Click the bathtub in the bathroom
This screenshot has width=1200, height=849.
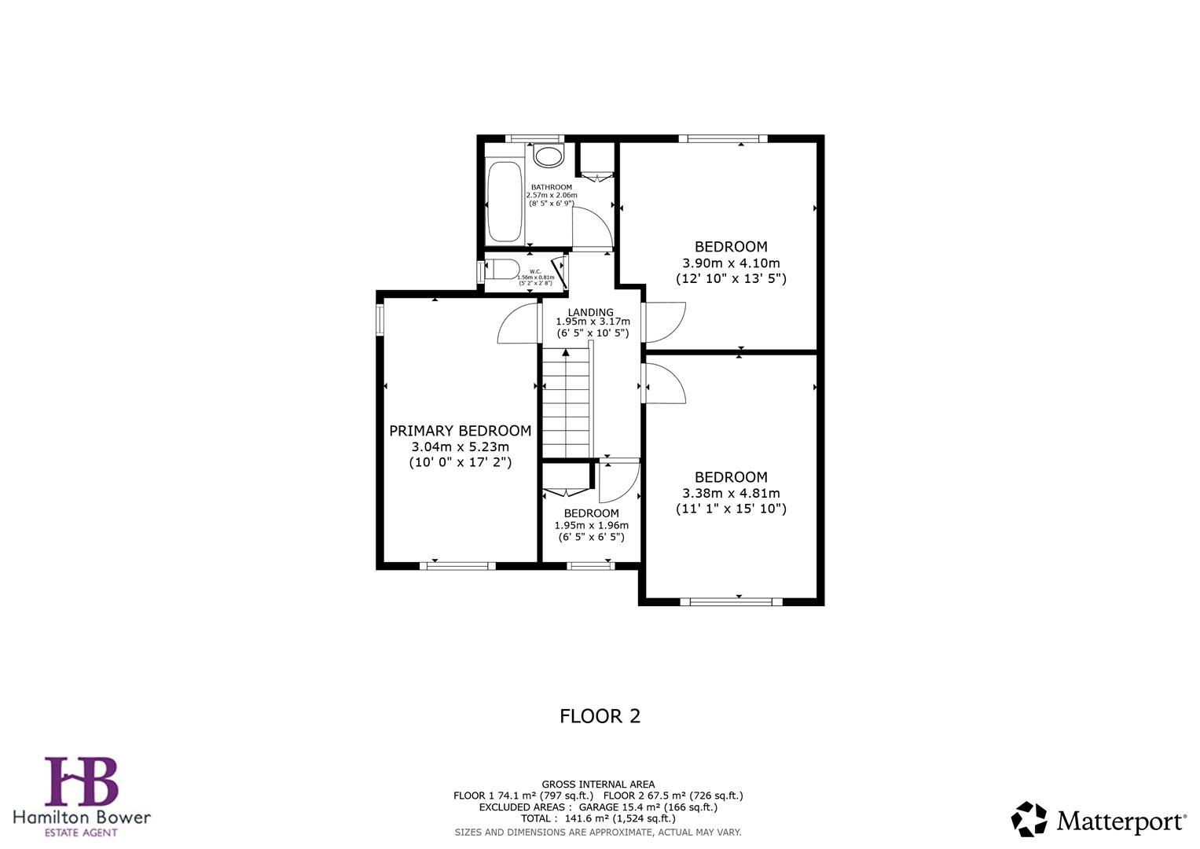pos(505,202)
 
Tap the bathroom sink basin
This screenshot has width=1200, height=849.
pos(549,155)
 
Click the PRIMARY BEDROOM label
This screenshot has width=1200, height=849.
pos(460,431)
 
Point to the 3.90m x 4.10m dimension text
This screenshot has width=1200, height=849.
pos(731,263)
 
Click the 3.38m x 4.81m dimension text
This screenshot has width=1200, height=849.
pos(731,494)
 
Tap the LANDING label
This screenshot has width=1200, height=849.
pos(590,312)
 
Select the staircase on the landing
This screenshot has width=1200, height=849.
pos(566,405)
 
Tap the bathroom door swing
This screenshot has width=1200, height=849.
pos(591,229)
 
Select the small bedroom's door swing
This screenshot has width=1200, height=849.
pos(618,481)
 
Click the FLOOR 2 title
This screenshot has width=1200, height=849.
pos(600,716)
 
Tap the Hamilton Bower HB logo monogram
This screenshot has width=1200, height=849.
pos(81,781)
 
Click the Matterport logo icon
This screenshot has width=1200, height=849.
pos(1029,820)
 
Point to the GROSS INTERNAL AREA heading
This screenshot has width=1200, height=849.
pos(598,784)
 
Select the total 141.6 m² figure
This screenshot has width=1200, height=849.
pos(598,818)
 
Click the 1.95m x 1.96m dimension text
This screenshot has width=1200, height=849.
pos(591,525)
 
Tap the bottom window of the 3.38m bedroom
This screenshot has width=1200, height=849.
pos(731,602)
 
